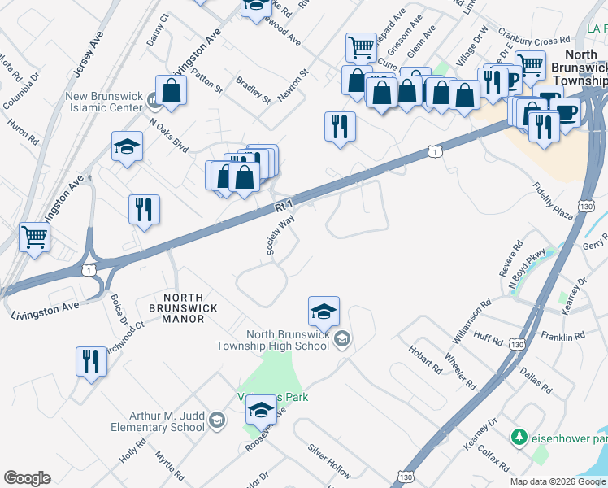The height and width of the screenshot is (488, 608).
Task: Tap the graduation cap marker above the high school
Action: click(x=324, y=312)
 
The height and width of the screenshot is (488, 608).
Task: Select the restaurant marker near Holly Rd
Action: click(x=91, y=361)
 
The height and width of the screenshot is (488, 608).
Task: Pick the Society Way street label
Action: click(x=280, y=236)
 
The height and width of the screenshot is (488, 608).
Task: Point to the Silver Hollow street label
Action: click(x=328, y=460)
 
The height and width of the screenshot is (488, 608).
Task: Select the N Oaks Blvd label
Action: click(x=168, y=135)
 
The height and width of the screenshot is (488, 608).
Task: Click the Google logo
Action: click(x=27, y=478)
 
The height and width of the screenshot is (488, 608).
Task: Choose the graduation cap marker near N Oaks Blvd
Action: click(x=127, y=147)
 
